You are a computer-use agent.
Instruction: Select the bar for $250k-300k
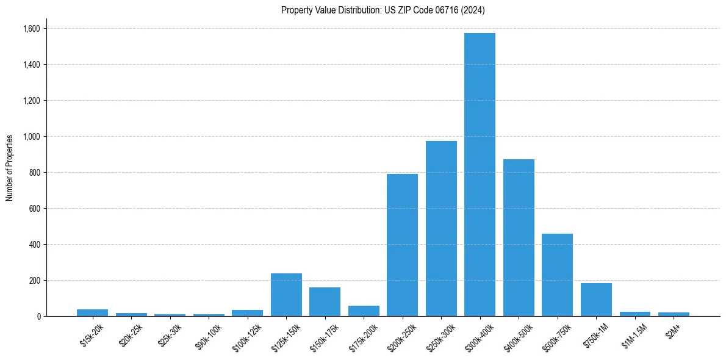pyautogui.click(x=441, y=229)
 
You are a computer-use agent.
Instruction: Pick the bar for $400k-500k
pyautogui.click(x=519, y=238)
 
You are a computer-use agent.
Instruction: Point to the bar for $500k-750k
pyautogui.click(x=557, y=275)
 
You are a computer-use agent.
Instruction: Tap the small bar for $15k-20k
pyautogui.click(x=92, y=312)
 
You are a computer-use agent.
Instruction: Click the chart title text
pyautogui.click(x=383, y=10)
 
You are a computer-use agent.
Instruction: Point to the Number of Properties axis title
pyautogui.click(x=10, y=168)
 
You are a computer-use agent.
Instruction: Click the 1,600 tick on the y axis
pyautogui.click(x=31, y=29)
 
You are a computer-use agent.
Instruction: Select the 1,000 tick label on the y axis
pyautogui.click(x=31, y=137)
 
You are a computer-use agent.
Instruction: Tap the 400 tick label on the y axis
pyautogui.click(x=34, y=245)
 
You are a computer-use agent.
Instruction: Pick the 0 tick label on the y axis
pyautogui.click(x=38, y=317)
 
